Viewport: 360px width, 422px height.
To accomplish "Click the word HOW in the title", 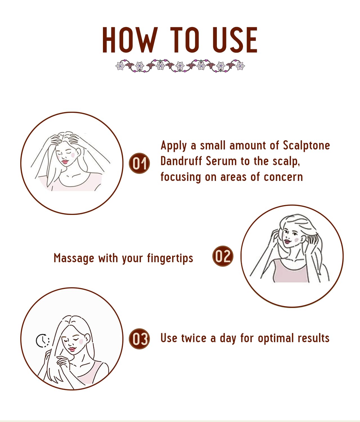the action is coord(130,40).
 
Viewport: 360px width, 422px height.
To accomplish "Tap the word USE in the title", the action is coord(235,40).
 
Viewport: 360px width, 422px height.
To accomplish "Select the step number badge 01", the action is coord(139,163).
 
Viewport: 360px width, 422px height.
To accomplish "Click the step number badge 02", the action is coord(223,256).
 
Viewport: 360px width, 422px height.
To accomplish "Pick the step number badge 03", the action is coord(139,339).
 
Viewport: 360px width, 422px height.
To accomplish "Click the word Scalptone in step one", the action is coord(306,146).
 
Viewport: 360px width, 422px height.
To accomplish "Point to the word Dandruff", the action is coord(181,161).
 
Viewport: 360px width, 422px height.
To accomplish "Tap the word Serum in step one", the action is coord(221,161).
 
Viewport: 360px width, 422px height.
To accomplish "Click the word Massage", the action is coord(74,259).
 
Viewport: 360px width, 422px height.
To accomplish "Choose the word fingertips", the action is coord(170,259).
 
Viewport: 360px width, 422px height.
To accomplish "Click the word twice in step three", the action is coord(194,338).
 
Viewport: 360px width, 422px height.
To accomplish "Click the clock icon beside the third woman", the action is coord(43,341).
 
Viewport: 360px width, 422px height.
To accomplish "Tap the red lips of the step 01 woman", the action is coord(65,162).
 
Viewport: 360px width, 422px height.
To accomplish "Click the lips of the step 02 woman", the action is coord(287,241).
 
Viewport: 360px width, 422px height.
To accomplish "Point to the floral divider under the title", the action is coord(180,66).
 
